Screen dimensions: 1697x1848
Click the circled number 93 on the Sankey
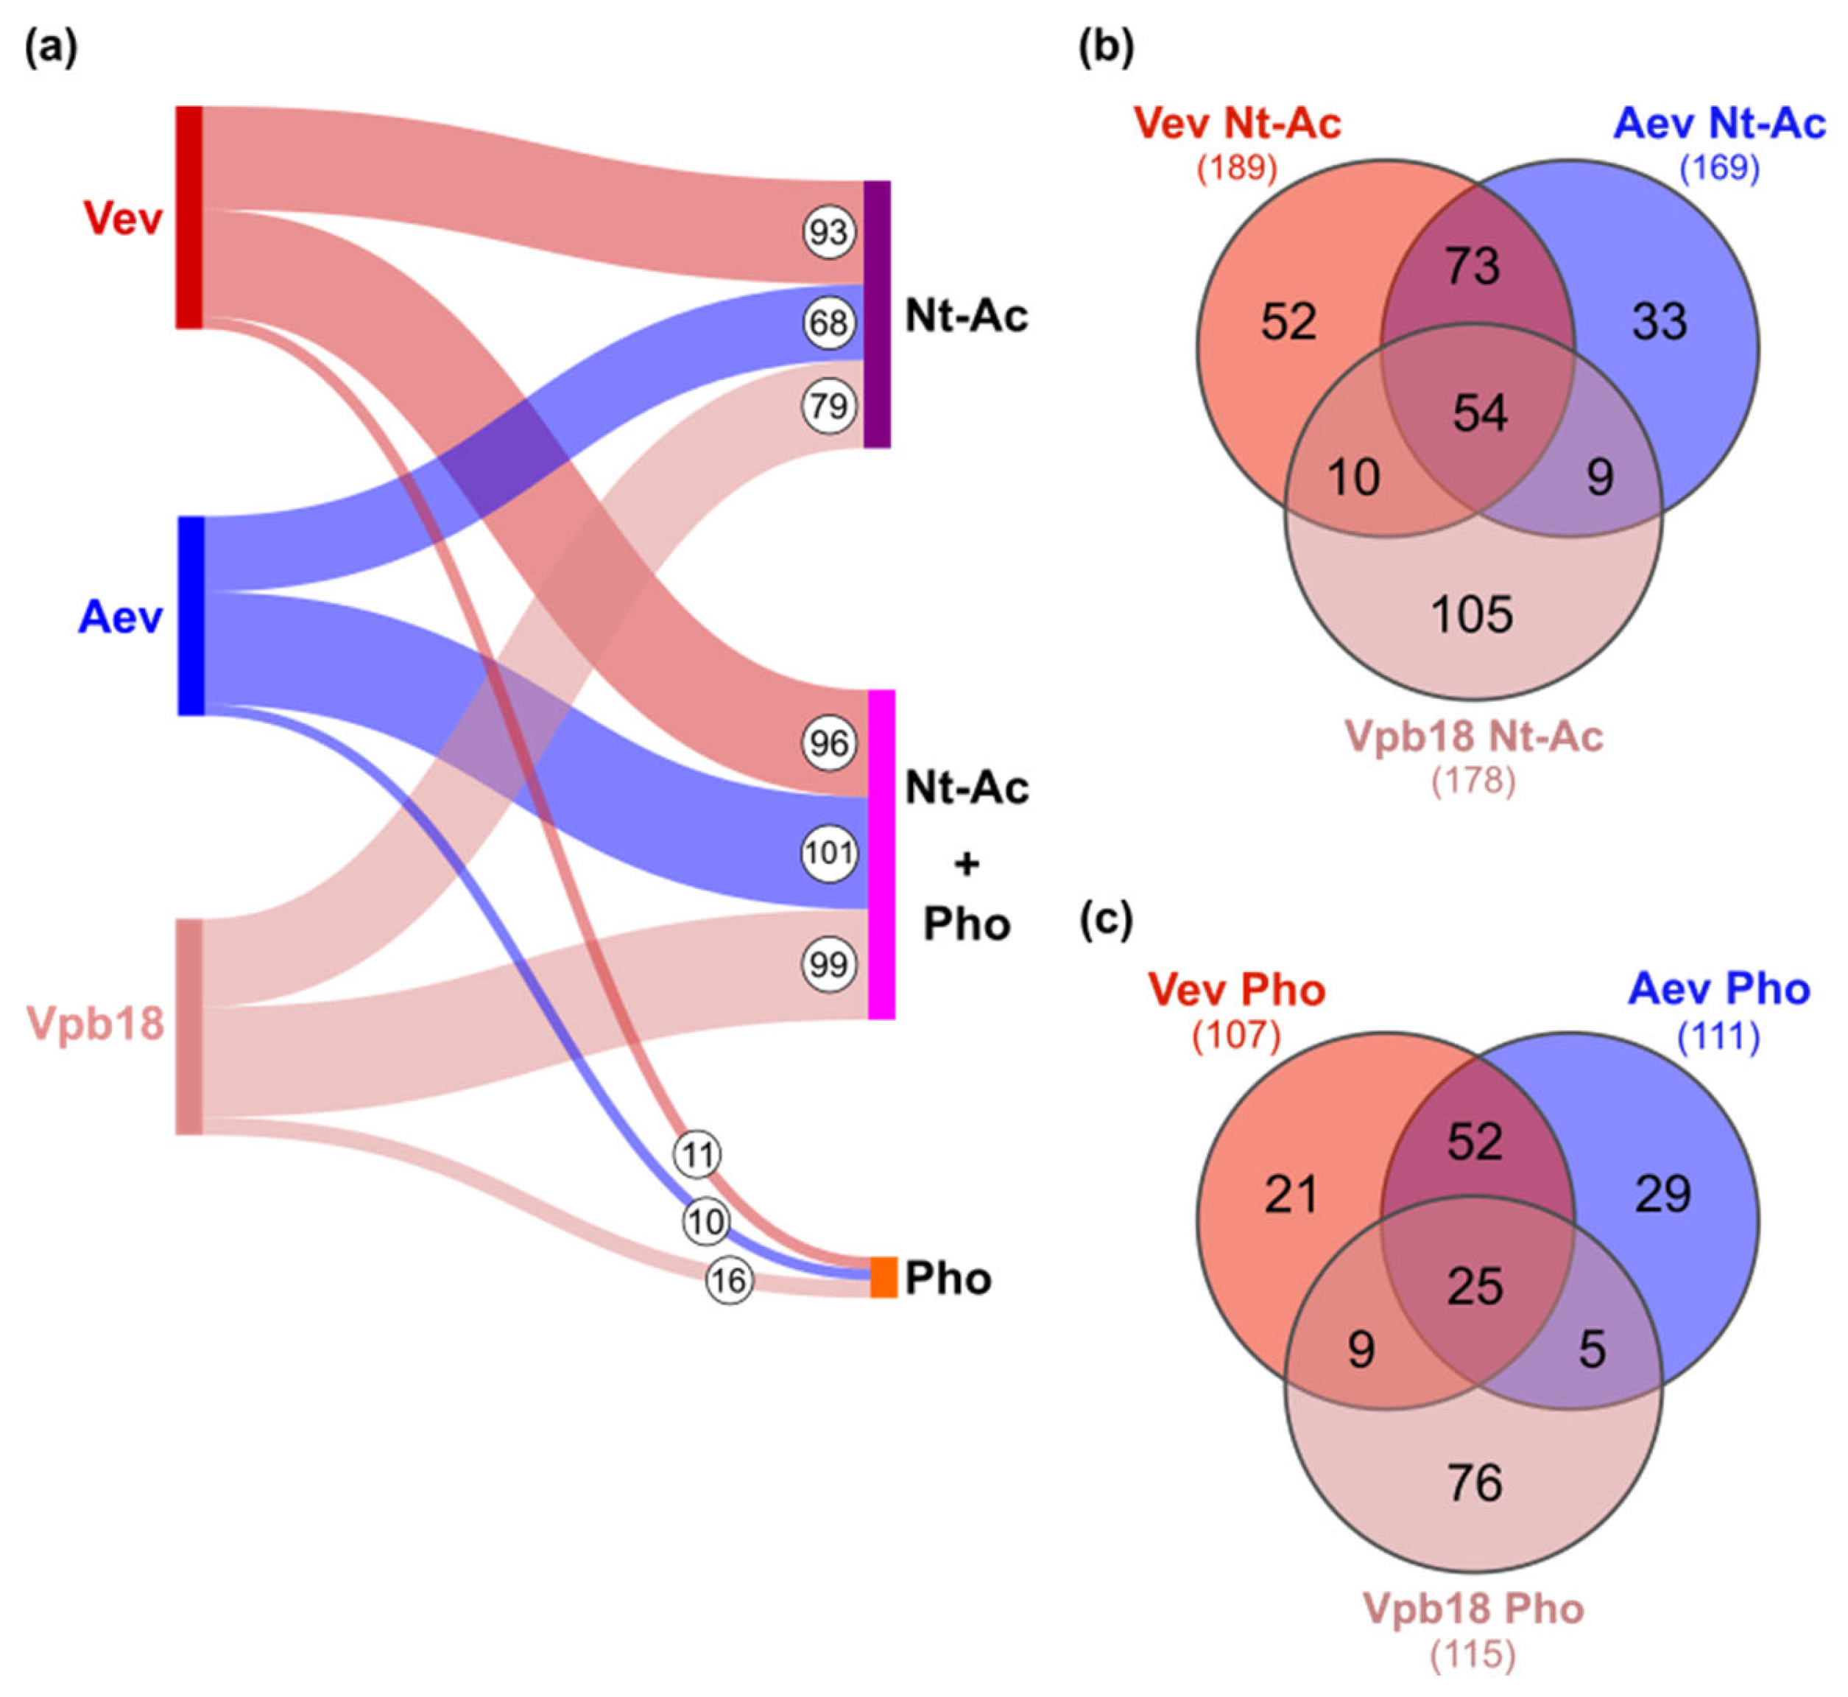pyautogui.click(x=829, y=232)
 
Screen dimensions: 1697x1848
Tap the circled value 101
pyautogui.click(x=829, y=853)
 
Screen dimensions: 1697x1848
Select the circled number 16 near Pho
pyautogui.click(x=730, y=1280)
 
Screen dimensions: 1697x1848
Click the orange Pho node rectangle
pyautogui.click(x=884, y=1277)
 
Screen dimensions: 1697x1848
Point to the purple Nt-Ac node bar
pyautogui.click(x=878, y=314)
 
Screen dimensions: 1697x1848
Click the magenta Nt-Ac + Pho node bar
pyautogui.click(x=881, y=854)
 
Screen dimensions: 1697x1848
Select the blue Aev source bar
pyautogui.click(x=190, y=615)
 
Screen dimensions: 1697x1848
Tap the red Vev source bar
pyautogui.click(x=189, y=217)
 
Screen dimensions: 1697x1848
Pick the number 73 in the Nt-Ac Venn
pyautogui.click(x=1473, y=267)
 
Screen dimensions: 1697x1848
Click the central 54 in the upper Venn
pyautogui.click(x=1480, y=413)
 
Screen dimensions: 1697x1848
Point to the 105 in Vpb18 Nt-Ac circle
pyautogui.click(x=1472, y=614)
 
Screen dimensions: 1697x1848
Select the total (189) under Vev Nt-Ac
pyautogui.click(x=1237, y=167)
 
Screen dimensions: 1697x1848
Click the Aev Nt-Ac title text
pyautogui.click(x=1718, y=123)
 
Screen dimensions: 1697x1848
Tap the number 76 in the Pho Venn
pyautogui.click(x=1475, y=1482)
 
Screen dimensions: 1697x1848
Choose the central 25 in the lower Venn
pyautogui.click(x=1475, y=1287)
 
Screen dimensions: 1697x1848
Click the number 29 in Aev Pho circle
pyautogui.click(x=1662, y=1195)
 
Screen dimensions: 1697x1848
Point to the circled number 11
pyautogui.click(x=698, y=1155)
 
